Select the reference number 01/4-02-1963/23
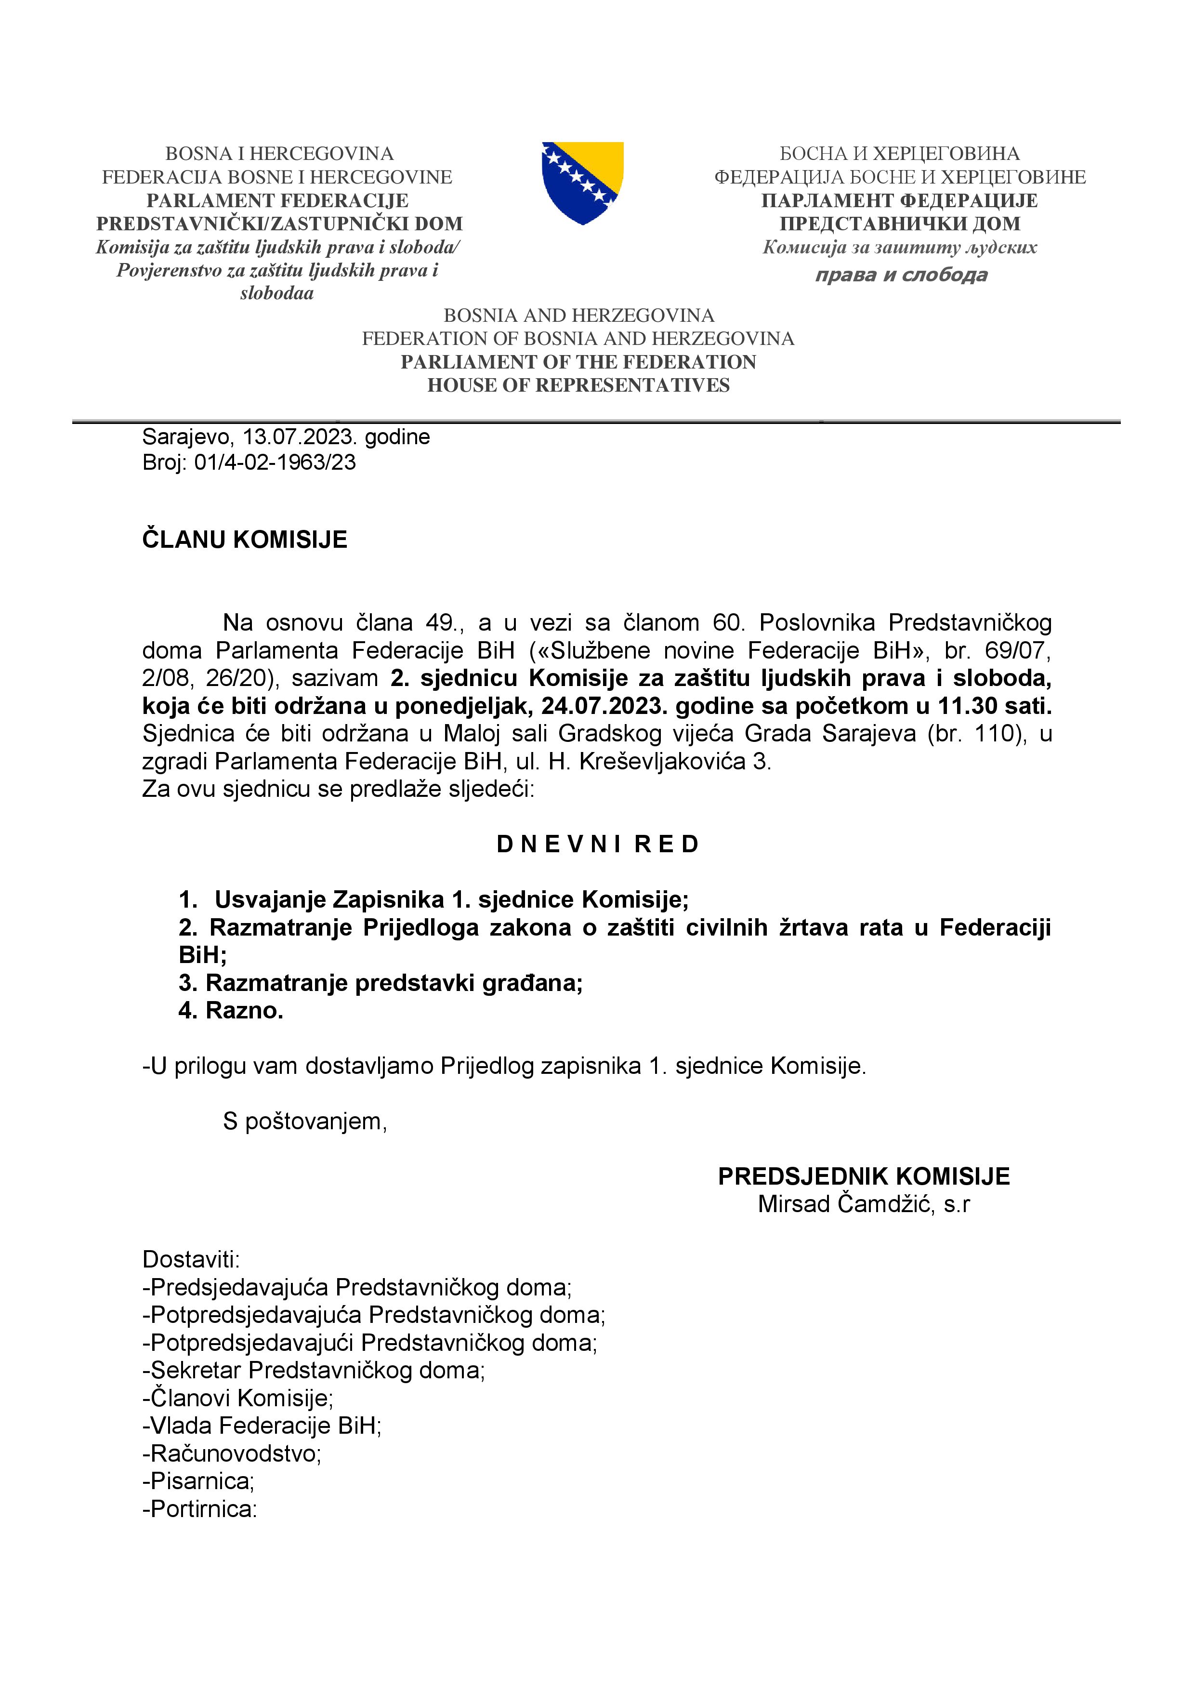click(275, 462)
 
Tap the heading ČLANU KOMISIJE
click(244, 540)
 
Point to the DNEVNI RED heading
click(597, 844)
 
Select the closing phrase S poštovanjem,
click(304, 1121)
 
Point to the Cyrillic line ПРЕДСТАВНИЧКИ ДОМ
click(899, 224)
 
